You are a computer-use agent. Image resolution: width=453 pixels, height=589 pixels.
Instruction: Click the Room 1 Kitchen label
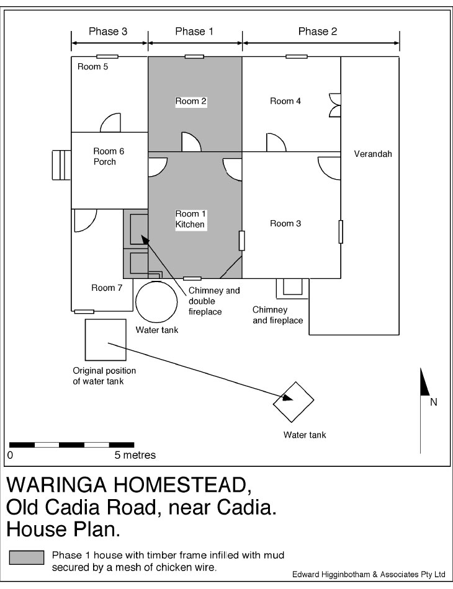(x=191, y=219)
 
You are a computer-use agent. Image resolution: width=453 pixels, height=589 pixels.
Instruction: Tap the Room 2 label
(x=191, y=101)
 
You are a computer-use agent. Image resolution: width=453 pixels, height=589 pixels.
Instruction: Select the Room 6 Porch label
(x=109, y=156)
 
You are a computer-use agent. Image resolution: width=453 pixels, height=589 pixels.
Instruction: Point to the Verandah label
(x=373, y=154)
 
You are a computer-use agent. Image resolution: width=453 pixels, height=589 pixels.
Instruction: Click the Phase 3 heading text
(x=108, y=31)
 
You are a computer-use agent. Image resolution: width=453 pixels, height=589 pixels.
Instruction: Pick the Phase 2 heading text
(x=318, y=31)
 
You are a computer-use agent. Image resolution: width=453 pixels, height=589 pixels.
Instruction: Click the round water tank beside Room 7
(x=156, y=302)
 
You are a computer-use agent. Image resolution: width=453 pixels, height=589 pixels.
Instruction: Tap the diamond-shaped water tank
(x=294, y=402)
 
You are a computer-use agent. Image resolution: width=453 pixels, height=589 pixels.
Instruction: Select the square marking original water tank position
(x=105, y=340)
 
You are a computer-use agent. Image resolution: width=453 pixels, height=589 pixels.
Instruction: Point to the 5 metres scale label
(x=135, y=455)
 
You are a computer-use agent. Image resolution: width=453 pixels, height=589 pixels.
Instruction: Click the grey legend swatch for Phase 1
(x=27, y=557)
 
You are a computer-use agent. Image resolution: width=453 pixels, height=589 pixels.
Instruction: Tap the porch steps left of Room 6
(x=61, y=165)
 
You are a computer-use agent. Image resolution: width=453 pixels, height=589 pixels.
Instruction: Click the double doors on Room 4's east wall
(x=335, y=105)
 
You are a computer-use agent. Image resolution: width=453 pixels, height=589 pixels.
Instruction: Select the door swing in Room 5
(x=110, y=123)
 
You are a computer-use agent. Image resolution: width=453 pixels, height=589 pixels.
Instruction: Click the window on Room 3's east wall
(x=341, y=232)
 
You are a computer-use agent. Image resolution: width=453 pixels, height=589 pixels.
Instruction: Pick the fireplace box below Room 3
(x=292, y=288)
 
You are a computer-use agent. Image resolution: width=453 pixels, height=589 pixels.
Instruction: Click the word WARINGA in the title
(x=58, y=485)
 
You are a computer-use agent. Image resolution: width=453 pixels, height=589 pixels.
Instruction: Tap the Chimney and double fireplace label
(x=214, y=301)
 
